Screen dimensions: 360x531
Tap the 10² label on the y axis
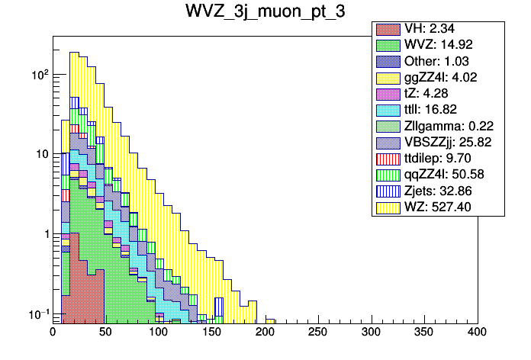(38, 75)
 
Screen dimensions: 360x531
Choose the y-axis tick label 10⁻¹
(37, 313)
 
